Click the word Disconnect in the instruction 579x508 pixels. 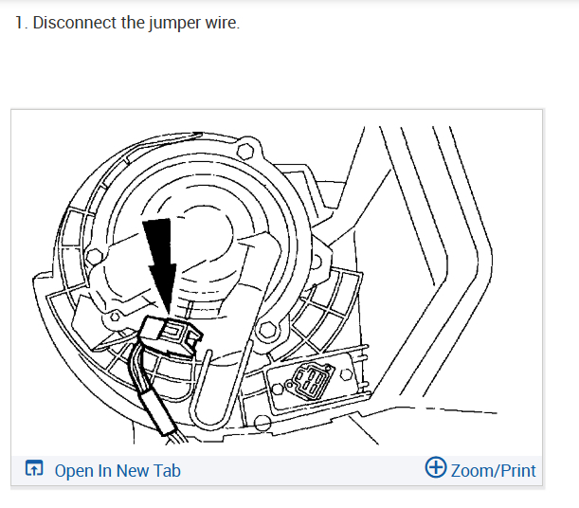coord(74,22)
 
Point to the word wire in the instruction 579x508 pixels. coord(222,22)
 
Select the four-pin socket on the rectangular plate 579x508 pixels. coord(312,383)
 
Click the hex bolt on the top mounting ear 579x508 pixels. coord(246,149)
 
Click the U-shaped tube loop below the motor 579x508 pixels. coord(210,393)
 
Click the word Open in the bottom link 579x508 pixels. coord(73,471)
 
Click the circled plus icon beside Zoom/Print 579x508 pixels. coord(436,469)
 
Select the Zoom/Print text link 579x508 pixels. coord(494,470)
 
